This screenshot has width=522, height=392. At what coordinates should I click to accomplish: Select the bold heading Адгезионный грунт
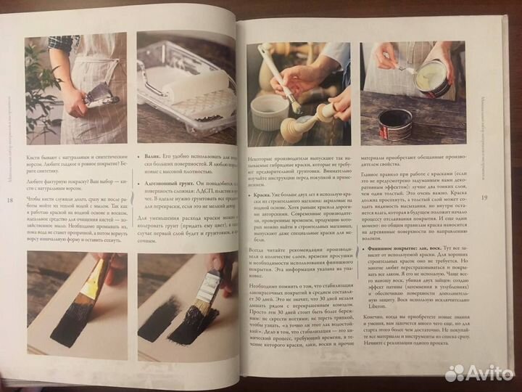pyautogui.click(x=166, y=185)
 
